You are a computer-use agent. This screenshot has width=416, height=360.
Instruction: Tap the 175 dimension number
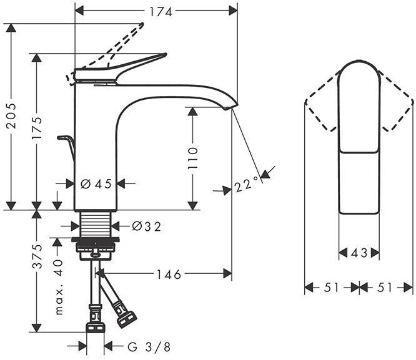pyautogui.click(x=37, y=129)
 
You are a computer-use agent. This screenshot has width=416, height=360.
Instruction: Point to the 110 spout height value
pyautogui.click(x=193, y=158)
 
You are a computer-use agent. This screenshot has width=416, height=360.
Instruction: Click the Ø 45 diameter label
pyautogui.click(x=96, y=183)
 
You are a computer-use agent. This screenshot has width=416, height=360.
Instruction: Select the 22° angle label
pyautogui.click(x=247, y=185)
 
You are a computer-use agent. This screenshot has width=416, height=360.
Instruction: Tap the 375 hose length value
pyautogui.click(x=37, y=256)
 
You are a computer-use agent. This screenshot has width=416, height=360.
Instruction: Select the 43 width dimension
pyautogui.click(x=359, y=253)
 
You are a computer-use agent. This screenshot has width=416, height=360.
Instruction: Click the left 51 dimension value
pyautogui.click(x=331, y=288)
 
